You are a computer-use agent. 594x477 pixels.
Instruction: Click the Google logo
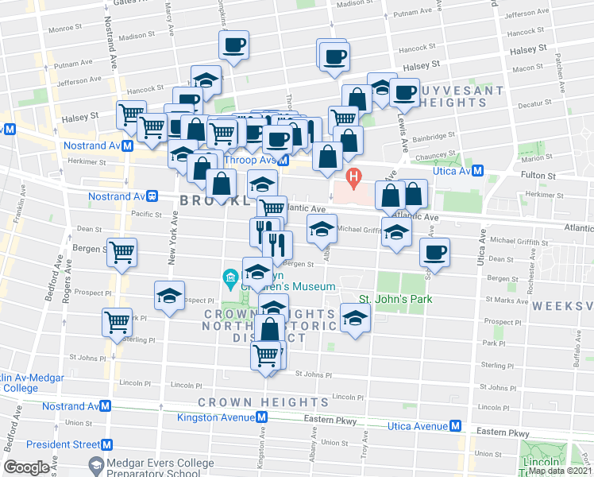[27, 467]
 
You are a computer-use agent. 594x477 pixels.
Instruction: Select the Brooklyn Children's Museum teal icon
[229, 277]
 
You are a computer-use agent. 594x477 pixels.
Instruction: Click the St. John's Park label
[395, 299]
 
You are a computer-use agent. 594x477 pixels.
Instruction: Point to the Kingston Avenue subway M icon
[260, 418]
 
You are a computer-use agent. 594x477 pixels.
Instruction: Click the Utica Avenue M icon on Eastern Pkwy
[456, 426]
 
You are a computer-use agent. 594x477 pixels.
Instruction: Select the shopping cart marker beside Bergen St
[121, 252]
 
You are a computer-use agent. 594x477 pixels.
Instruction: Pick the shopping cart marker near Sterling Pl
[117, 323]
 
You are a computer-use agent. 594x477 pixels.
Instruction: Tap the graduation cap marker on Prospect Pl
[169, 296]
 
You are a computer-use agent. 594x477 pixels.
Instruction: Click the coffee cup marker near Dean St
[434, 252]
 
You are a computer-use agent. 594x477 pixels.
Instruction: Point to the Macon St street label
[528, 68]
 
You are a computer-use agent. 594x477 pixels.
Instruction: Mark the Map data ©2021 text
[559, 471]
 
